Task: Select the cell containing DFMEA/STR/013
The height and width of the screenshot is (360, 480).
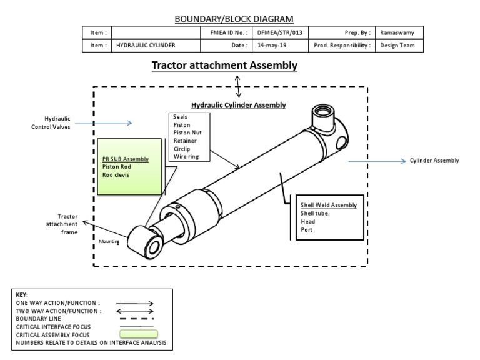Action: click(280, 32)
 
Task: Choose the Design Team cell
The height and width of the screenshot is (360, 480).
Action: click(397, 46)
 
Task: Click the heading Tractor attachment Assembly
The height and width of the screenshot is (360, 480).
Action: click(225, 65)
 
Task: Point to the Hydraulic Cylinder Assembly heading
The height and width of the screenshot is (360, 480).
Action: click(238, 105)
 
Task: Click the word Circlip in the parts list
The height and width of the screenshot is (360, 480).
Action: click(182, 149)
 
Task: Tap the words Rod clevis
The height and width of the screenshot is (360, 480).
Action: click(115, 175)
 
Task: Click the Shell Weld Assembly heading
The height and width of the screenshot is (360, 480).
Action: click(329, 205)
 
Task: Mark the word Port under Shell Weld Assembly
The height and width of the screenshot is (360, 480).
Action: click(306, 229)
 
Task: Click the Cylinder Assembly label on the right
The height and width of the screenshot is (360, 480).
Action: click(434, 161)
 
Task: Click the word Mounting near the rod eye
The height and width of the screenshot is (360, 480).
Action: click(109, 241)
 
